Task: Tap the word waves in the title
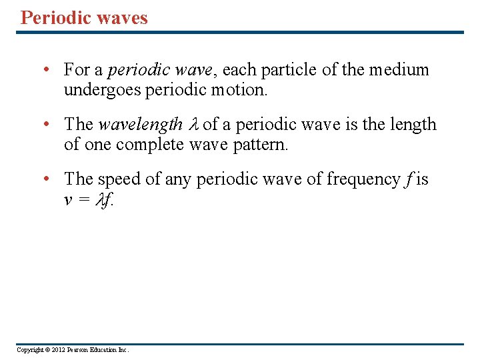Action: click(122, 17)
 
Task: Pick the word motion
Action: click(241, 89)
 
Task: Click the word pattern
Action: click(262, 144)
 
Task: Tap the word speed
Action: click(119, 179)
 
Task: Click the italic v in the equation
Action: click(68, 199)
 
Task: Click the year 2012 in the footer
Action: click(55, 350)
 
